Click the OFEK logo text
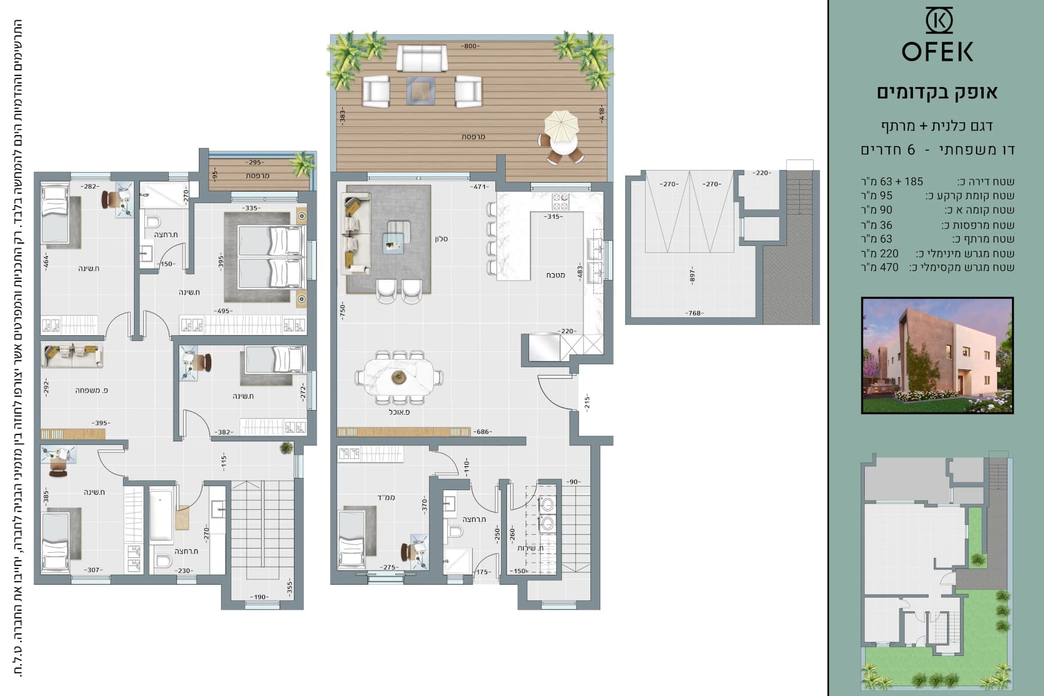pyautogui.click(x=937, y=52)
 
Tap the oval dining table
pyautogui.click(x=398, y=377)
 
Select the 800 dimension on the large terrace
pyautogui.click(x=470, y=46)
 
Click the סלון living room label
pyautogui.click(x=441, y=239)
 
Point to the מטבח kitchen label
pyautogui.click(x=556, y=275)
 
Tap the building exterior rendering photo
pyautogui.click(x=937, y=356)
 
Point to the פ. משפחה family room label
pyautogui.click(x=92, y=390)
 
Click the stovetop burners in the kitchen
pyautogui.click(x=560, y=201)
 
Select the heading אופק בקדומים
pyautogui.click(x=937, y=92)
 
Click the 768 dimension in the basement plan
pyautogui.click(x=694, y=313)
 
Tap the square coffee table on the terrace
pyautogui.click(x=421, y=91)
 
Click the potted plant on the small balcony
pyautogui.click(x=302, y=164)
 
